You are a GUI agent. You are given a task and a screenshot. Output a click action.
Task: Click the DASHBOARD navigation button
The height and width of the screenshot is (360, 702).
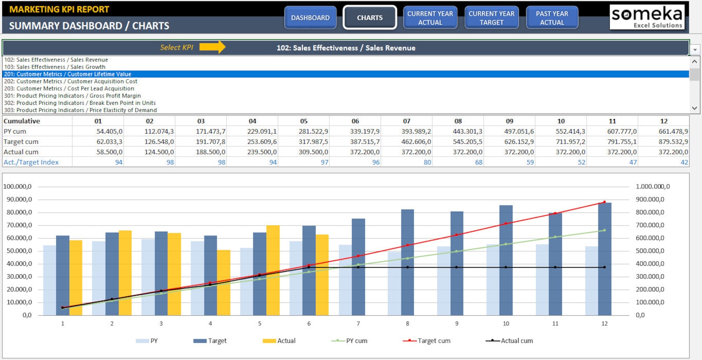coord(310,18)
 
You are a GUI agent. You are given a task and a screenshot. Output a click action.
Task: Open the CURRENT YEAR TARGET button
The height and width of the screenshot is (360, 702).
coord(491,18)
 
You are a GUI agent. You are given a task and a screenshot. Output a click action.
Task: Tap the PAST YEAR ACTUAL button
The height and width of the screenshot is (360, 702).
coord(552,18)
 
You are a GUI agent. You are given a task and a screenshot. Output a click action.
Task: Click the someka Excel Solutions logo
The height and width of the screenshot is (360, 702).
coord(647,17)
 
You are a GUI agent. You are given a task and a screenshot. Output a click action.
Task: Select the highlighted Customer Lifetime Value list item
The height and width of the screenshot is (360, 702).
coord(68,74)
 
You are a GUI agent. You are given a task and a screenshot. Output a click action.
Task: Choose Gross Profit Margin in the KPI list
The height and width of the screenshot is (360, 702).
coord(72,96)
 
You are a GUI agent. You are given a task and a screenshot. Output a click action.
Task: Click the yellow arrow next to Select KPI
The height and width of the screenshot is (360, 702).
coord(212,47)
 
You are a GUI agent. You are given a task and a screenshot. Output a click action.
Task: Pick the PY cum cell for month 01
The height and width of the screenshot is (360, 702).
coord(98,131)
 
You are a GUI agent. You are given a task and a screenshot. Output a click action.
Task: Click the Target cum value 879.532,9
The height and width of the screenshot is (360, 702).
coord(664,142)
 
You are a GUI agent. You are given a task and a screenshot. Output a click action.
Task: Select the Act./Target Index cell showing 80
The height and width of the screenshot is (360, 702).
coord(407,162)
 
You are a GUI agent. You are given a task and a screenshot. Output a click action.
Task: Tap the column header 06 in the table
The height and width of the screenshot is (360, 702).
coord(355,121)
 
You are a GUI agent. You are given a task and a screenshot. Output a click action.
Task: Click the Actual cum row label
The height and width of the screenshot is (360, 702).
coord(21,152)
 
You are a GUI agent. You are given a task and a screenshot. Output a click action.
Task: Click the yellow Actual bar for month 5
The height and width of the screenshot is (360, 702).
coord(273,270)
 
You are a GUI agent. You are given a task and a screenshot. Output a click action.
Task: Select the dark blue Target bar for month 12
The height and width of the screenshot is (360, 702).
coord(604,259)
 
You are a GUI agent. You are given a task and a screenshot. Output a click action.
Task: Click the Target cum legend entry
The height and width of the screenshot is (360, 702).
coord(427,341)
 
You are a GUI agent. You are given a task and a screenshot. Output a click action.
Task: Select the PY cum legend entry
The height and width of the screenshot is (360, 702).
coord(349,341)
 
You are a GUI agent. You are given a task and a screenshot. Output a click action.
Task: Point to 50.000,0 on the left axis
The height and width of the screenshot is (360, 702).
coord(18,251)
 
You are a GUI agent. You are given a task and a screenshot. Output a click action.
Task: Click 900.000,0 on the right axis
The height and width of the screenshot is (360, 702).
coord(649,199)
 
